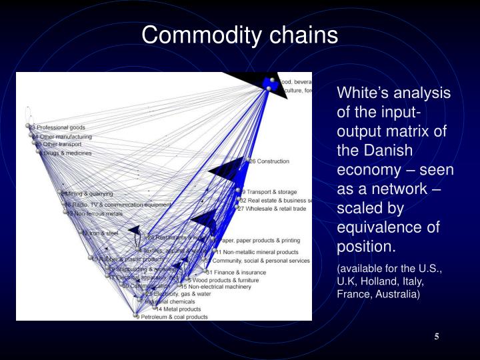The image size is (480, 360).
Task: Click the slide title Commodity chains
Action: click(240, 35)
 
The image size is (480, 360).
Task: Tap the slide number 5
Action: click(436, 335)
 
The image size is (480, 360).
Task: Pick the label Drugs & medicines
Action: click(67, 153)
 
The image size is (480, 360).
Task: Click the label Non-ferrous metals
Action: click(97, 213)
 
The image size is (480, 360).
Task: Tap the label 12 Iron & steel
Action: click(100, 233)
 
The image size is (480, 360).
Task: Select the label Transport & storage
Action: click(271, 191)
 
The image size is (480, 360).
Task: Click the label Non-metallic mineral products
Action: click(259, 253)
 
